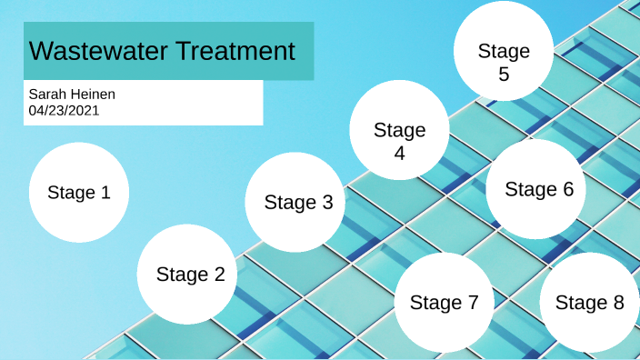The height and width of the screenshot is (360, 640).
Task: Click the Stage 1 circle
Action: click(x=79, y=193)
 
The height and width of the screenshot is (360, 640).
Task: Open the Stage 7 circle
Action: click(x=444, y=303)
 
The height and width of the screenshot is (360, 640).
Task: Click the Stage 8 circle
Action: click(x=589, y=303)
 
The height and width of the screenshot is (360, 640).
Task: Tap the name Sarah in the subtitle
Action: click(x=46, y=95)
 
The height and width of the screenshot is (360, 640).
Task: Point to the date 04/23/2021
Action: click(x=64, y=110)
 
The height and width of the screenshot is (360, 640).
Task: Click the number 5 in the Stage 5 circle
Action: click(x=504, y=75)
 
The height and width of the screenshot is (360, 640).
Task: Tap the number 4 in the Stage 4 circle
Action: click(x=399, y=153)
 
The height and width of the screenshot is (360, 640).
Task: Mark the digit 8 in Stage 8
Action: click(x=618, y=303)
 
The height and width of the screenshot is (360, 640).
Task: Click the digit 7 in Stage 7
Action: click(x=473, y=303)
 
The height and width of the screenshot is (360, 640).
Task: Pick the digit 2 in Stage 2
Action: click(x=218, y=275)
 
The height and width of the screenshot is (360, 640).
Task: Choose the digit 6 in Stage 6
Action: click(x=568, y=189)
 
